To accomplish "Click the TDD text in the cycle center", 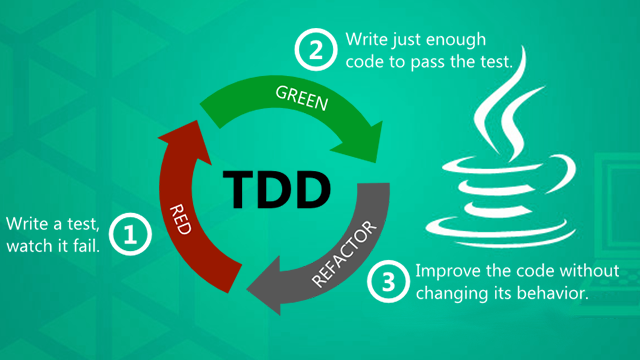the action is click(x=277, y=189).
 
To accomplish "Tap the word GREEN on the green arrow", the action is click(x=302, y=98).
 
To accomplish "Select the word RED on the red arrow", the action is click(x=180, y=220).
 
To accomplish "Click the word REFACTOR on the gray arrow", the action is click(x=344, y=253).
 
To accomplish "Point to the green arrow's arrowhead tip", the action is click(x=376, y=162).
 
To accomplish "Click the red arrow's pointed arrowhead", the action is click(x=198, y=121).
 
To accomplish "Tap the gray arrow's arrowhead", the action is click(x=248, y=290).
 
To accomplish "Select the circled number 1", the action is click(x=130, y=234).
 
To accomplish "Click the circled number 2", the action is click(x=316, y=50).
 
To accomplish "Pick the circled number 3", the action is click(x=388, y=281).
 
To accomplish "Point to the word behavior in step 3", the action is click(x=553, y=293).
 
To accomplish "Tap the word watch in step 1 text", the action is click(x=29, y=246).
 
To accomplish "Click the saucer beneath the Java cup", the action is click(x=500, y=233).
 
